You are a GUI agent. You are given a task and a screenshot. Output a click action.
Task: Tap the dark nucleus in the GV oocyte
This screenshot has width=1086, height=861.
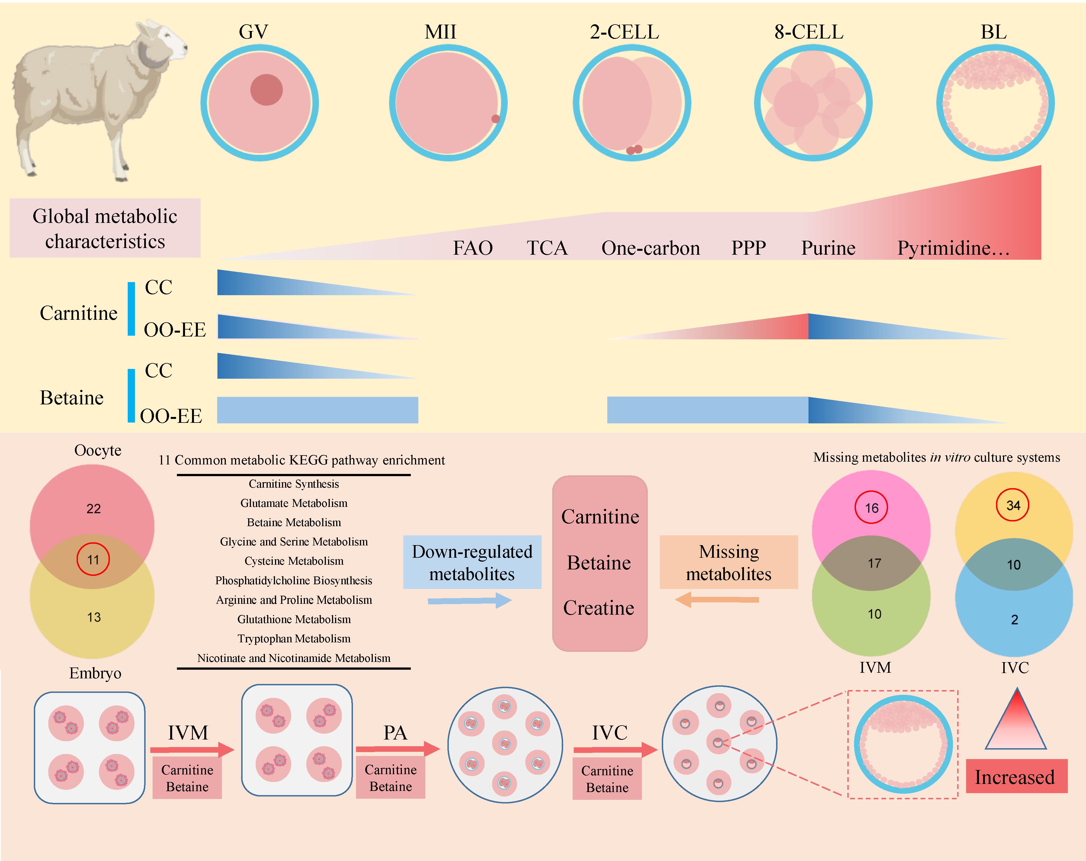coord(266,90)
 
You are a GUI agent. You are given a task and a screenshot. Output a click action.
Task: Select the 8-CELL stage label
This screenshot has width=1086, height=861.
coord(808,32)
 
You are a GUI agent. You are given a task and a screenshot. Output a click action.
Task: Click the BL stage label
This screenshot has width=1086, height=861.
coord(993,32)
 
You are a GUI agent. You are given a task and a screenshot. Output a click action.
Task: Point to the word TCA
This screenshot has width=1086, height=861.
coord(547,248)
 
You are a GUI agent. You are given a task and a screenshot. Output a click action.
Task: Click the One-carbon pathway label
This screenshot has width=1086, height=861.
coord(650,248)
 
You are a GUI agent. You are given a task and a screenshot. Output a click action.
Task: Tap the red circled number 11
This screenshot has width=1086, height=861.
coord(93,559)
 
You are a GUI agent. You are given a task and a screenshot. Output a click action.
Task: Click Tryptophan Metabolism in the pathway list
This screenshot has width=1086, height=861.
coord(294,638)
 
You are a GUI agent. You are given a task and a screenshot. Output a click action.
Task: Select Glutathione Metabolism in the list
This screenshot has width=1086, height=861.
coord(294,619)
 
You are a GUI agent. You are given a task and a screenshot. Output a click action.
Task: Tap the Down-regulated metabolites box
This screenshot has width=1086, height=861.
coord(472,562)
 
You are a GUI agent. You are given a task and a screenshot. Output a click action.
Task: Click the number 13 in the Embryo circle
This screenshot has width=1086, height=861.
coord(94,617)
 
